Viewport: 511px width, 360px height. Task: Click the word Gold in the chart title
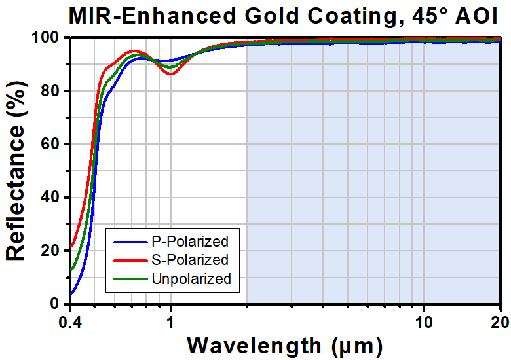[x=271, y=16]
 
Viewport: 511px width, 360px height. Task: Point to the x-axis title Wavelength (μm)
[x=285, y=346]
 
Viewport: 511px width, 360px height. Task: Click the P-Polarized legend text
[x=190, y=242]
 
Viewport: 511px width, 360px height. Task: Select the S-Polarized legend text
[x=190, y=260]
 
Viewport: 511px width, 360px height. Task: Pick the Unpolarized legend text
[x=191, y=279]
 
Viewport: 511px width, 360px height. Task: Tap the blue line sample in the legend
[x=130, y=242]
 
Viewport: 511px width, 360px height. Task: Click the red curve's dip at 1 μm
[x=171, y=73]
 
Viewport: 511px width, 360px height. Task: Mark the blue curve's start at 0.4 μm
[x=71, y=293]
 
